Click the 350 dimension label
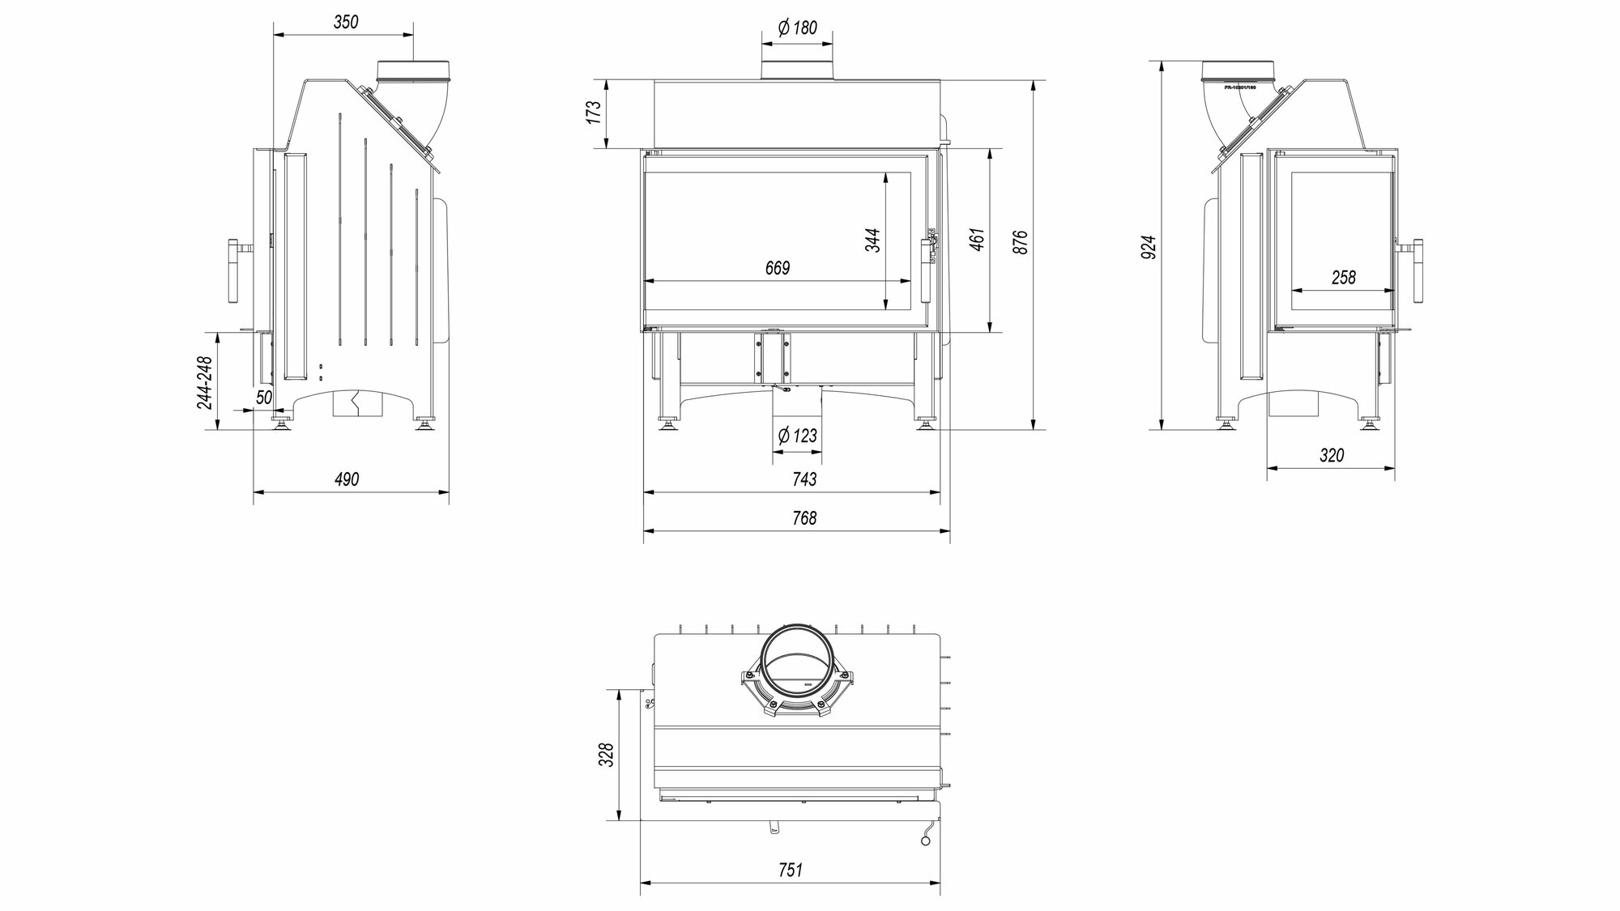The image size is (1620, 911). coord(345,22)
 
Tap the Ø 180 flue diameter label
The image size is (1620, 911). coord(797,28)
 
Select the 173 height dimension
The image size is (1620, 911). coord(595,113)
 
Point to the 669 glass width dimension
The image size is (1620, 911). coord(777,268)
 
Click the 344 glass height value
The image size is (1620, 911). coord(872,240)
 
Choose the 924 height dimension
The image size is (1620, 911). coord(1149,247)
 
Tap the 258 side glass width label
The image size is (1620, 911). coord(1343,277)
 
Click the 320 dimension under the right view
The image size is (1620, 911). coord(1332,455)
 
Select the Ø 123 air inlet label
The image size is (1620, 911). coord(797,436)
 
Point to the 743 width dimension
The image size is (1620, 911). coord(804,479)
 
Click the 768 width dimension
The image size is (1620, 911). coord(804,517)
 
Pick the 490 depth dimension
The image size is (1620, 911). coord(346,479)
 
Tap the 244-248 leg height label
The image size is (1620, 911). coord(204,382)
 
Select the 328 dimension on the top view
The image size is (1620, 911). coord(607,755)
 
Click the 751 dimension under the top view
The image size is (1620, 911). coord(790,870)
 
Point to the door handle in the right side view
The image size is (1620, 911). coord(1417,271)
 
